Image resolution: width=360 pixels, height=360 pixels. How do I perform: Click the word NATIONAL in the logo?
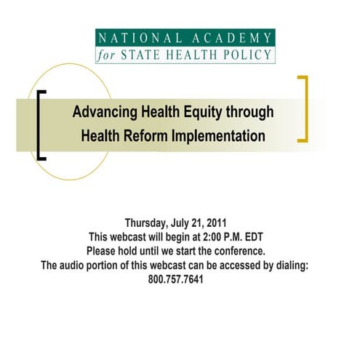coord(135,38)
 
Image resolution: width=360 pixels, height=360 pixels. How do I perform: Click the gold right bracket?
coord(304,109)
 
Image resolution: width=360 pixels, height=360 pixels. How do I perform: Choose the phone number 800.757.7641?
coord(179,279)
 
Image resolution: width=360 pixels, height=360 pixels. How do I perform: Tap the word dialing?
coord(293,265)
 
